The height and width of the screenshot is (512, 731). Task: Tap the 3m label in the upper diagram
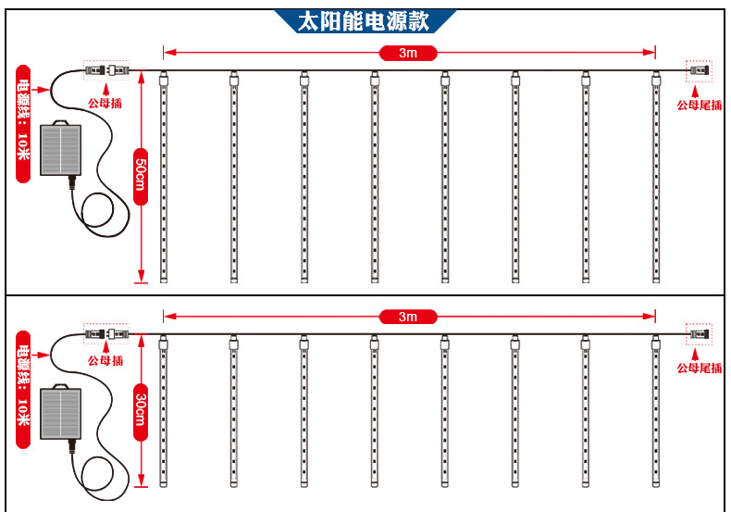tap(408, 53)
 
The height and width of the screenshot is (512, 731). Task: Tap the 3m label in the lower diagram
tap(408, 317)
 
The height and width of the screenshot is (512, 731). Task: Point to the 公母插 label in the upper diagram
tap(105, 104)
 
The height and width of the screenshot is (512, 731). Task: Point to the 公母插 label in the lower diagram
tap(105, 361)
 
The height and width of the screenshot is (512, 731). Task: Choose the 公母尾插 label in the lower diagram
tap(699, 368)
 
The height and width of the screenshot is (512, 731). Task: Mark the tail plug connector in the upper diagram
tap(699, 70)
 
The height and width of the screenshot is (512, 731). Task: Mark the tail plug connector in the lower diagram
tap(699, 332)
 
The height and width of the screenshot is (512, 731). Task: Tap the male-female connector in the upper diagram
tap(106, 69)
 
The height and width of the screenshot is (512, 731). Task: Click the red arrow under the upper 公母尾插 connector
tap(699, 89)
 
